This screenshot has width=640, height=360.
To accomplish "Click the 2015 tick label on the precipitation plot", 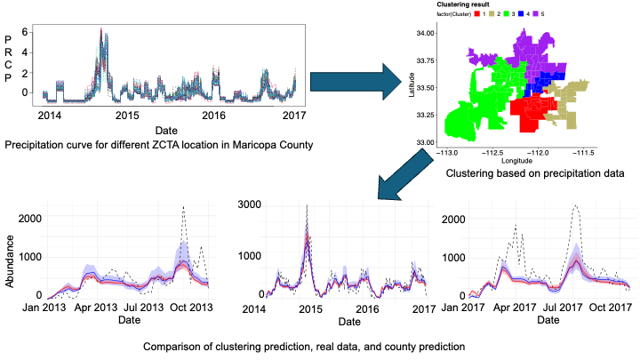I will point(127,116).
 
